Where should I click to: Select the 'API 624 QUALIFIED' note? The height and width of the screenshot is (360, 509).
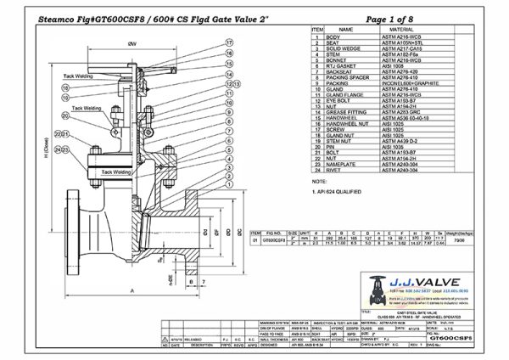(x=338, y=193)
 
